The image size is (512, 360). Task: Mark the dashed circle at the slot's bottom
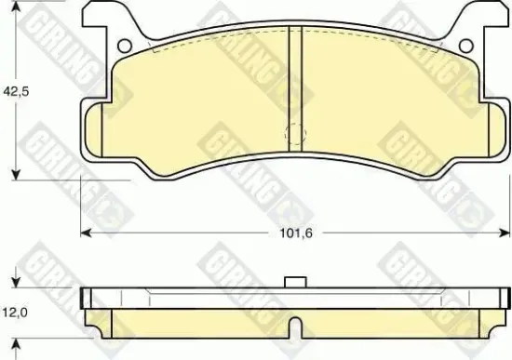coord(293,133)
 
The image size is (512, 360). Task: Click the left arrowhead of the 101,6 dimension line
coord(85,230)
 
